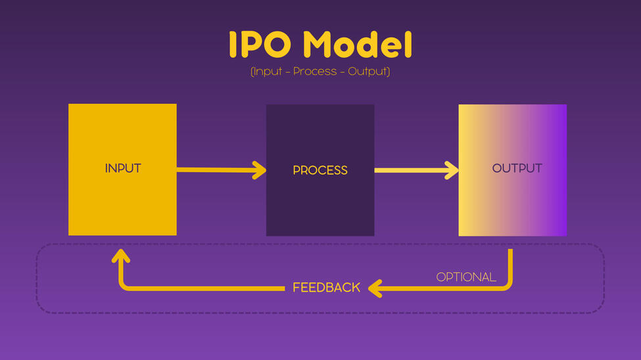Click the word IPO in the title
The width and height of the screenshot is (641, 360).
tap(260, 45)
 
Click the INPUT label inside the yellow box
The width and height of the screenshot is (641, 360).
tap(123, 168)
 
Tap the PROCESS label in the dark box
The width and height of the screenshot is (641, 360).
tap(320, 170)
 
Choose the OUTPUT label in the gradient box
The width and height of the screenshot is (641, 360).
tap(517, 168)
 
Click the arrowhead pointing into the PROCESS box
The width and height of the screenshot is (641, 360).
tap(260, 171)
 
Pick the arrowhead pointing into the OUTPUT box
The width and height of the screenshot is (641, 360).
tap(452, 170)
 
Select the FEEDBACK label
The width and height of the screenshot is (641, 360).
tap(326, 288)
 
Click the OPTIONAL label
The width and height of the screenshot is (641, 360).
tap(466, 277)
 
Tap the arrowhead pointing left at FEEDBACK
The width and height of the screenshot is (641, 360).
tap(375, 288)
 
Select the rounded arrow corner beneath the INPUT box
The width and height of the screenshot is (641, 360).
tap(124, 285)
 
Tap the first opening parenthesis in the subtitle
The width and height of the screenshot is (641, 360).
tap(252, 71)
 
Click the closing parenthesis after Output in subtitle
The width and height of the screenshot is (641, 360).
tap(388, 71)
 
